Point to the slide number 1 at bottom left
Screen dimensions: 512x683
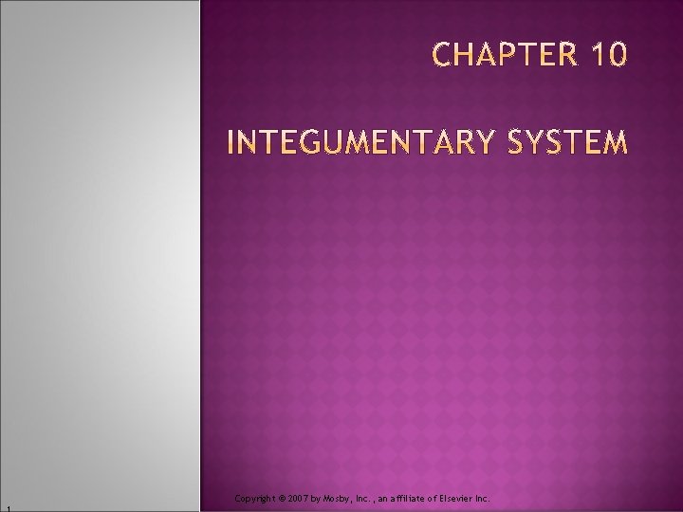click(5, 507)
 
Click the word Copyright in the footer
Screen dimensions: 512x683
click(254, 498)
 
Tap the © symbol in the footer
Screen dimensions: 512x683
click(282, 498)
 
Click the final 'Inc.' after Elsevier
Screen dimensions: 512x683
click(481, 498)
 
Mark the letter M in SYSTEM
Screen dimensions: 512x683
click(615, 144)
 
